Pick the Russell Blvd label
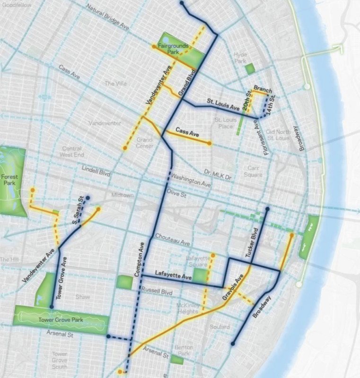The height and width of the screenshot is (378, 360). point(158,292)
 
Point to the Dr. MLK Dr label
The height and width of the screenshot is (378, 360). point(219,175)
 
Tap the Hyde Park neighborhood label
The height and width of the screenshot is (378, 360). point(240,58)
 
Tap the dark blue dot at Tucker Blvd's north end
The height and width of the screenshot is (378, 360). point(267,208)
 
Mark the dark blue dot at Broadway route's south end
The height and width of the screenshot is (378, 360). point(233,344)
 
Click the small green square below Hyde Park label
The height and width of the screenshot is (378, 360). point(250,69)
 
